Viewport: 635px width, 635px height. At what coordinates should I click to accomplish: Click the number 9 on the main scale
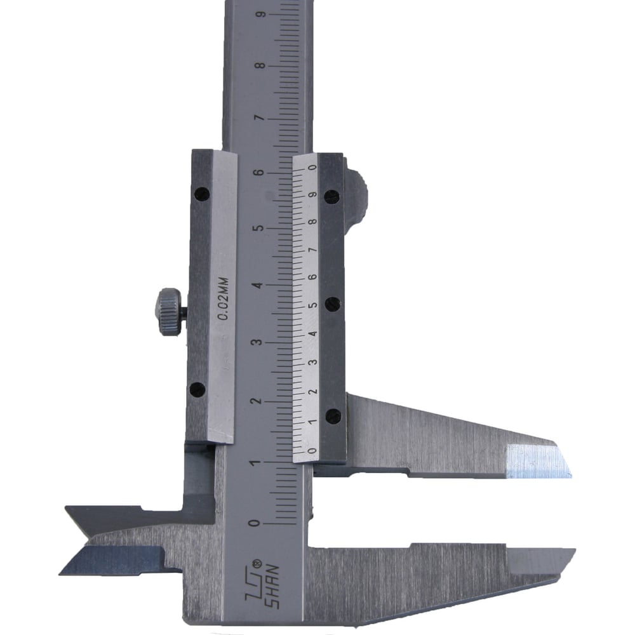(x=262, y=15)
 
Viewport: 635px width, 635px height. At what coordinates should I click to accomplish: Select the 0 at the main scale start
(x=255, y=523)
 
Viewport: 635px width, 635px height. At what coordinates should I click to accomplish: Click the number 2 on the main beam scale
(x=255, y=401)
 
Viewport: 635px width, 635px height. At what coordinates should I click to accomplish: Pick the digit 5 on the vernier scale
(x=313, y=305)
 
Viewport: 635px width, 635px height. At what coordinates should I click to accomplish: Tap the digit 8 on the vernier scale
(x=313, y=222)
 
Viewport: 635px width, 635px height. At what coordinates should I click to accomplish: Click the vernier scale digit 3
(x=312, y=362)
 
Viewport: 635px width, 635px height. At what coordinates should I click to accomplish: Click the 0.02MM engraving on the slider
(x=223, y=299)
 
